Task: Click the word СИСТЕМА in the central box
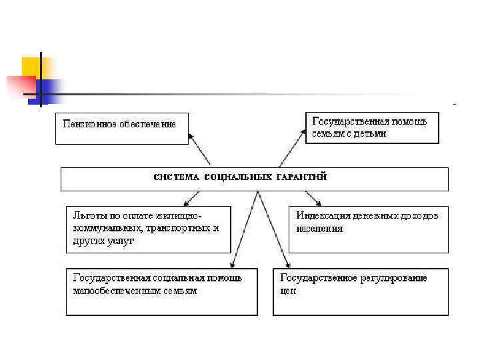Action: (175, 177)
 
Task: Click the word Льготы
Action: (87, 216)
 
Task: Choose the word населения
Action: (320, 229)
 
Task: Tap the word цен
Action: (287, 291)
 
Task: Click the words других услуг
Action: (103, 241)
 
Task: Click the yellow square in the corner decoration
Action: (31, 67)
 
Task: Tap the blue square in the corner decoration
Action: (52, 90)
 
